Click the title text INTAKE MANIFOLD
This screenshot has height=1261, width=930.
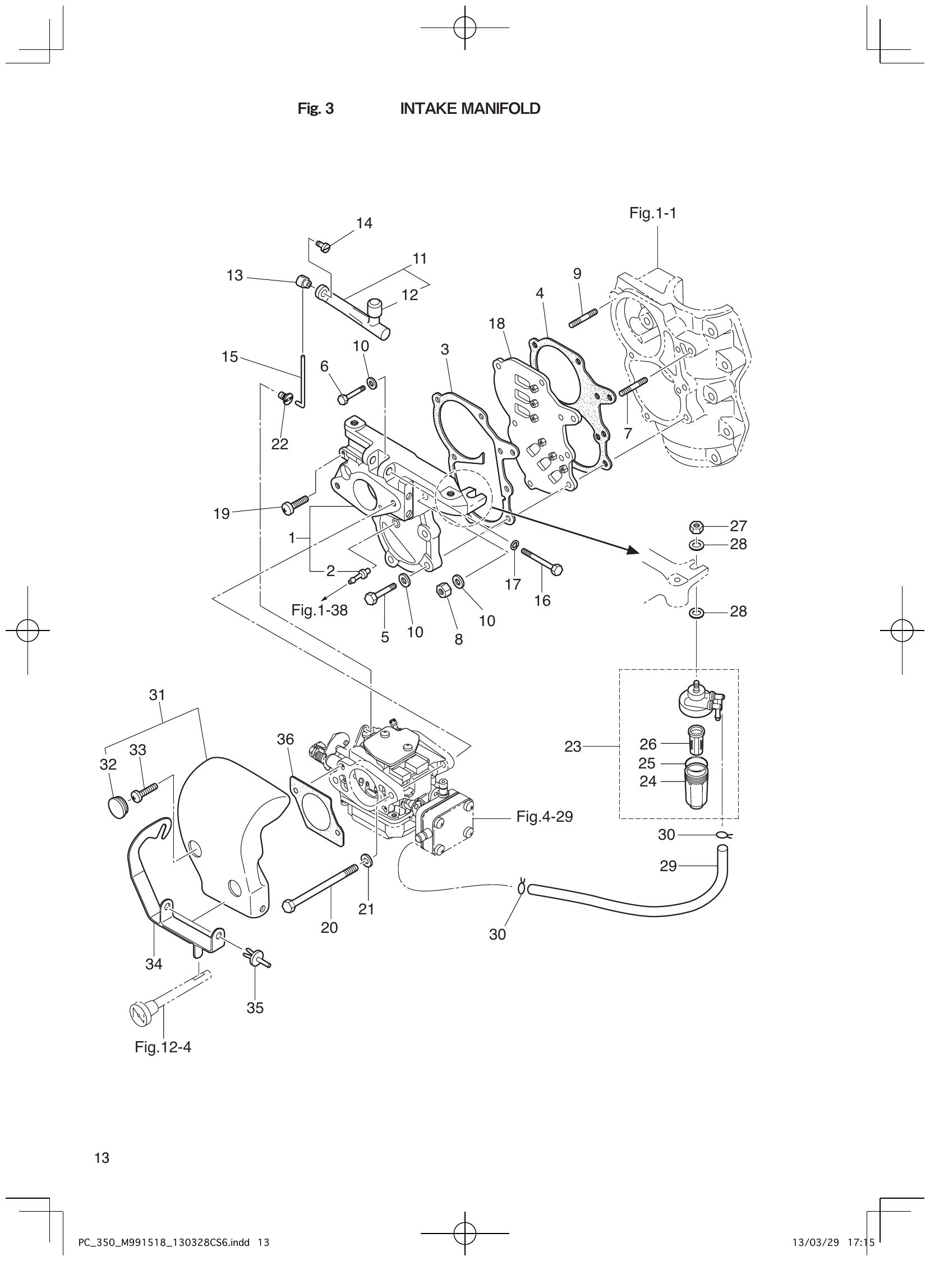(469, 109)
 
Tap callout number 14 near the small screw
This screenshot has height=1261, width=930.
(364, 223)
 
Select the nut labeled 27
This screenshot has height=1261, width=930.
(696, 527)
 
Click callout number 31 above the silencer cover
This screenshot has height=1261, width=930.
(157, 695)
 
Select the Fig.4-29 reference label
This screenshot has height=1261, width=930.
(545, 816)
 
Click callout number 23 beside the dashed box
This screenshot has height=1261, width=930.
(573, 747)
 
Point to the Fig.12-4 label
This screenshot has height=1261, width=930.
(163, 1048)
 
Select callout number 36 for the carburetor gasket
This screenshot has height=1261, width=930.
(286, 739)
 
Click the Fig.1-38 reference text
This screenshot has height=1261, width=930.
(319, 610)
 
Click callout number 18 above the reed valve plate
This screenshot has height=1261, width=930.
(497, 324)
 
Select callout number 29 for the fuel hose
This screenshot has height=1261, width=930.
(667, 866)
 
